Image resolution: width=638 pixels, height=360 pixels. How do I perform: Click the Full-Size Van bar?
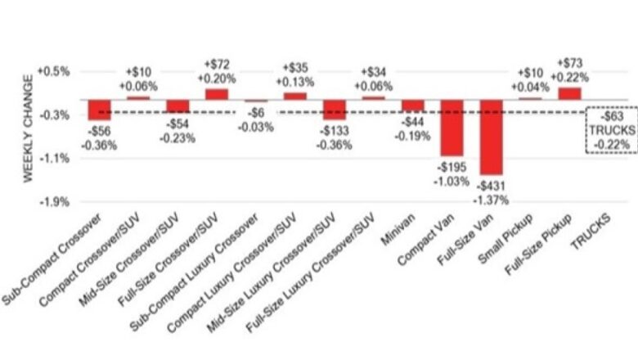(492, 137)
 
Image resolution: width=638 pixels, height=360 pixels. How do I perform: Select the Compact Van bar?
(452, 127)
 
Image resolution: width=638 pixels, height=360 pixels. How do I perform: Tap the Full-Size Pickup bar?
(569, 93)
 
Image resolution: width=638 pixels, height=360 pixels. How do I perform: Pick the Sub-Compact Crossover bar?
(100, 110)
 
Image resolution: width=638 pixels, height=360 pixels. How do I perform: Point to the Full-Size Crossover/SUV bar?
(217, 94)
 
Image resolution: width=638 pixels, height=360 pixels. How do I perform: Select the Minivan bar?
(413, 106)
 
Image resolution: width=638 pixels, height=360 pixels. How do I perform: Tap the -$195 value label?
(452, 166)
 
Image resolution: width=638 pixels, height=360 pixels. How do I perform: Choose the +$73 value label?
(569, 63)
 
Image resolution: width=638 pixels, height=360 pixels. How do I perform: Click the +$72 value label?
(217, 64)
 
